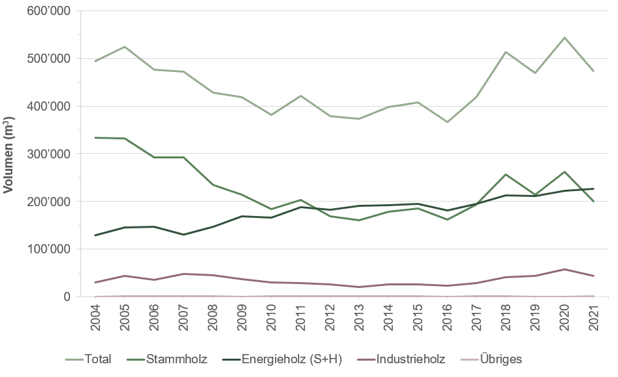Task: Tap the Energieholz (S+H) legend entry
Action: (x=282, y=359)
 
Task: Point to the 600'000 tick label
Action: (x=49, y=11)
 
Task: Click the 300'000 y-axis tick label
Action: (x=49, y=154)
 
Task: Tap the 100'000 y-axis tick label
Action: (x=49, y=249)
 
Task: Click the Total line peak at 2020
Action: (x=564, y=37)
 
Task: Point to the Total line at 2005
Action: (x=124, y=46)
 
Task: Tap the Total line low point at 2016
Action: (x=447, y=122)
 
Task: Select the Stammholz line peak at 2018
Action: (x=505, y=174)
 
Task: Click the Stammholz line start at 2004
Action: (x=95, y=137)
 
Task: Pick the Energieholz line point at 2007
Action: (x=183, y=234)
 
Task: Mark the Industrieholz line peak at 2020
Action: (x=564, y=269)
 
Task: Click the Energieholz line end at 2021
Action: (x=593, y=188)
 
